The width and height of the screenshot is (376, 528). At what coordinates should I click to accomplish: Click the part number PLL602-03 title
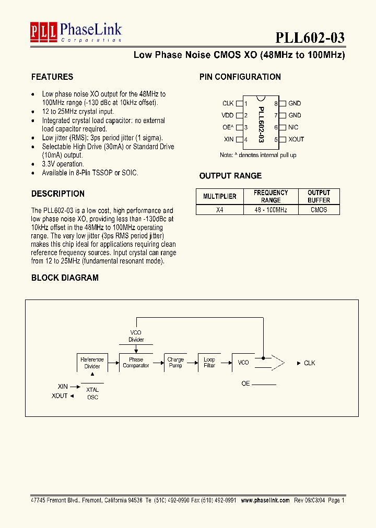tap(310, 38)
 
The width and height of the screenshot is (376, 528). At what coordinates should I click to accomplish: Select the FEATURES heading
tap(52, 77)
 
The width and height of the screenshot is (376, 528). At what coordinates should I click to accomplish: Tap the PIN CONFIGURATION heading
tap(240, 77)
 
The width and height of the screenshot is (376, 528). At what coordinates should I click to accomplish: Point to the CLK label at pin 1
tap(228, 103)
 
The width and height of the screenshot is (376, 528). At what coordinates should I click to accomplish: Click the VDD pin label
tap(228, 115)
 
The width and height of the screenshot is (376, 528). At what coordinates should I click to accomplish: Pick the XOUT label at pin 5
tap(296, 139)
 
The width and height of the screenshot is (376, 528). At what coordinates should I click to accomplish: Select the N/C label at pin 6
tap(293, 127)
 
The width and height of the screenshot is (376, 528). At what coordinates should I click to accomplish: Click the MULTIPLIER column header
tap(220, 196)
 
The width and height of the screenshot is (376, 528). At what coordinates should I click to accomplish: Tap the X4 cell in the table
tap(220, 210)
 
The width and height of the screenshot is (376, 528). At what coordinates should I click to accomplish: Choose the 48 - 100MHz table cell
tap(271, 210)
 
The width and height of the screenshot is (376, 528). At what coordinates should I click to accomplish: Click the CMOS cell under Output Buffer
tap(319, 210)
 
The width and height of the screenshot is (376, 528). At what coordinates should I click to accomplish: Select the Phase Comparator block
tap(136, 363)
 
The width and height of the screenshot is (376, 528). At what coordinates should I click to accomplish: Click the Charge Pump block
tap(175, 363)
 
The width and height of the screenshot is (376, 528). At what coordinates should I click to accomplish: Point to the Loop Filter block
tap(209, 363)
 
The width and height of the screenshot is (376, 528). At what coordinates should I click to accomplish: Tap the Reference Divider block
tap(92, 363)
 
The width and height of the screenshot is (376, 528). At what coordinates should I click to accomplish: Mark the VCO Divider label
tap(136, 336)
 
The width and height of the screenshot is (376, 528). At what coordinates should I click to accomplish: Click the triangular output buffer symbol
tap(277, 363)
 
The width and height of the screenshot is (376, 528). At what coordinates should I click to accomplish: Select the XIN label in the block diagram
tap(63, 387)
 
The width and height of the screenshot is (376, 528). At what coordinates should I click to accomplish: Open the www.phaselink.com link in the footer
tap(264, 500)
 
